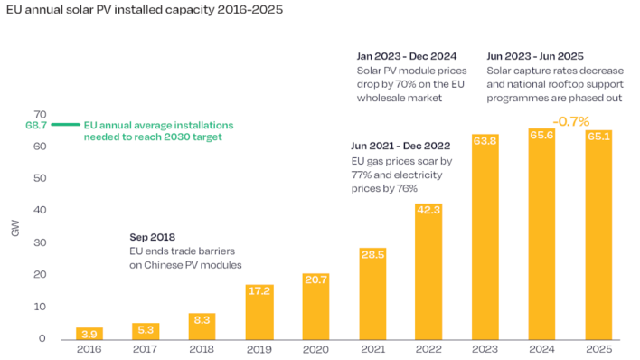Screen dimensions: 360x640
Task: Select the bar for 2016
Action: pyautogui.click(x=89, y=333)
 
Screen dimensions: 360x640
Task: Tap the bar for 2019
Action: pyautogui.click(x=259, y=312)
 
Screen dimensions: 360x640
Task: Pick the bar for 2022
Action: pyautogui.click(x=428, y=271)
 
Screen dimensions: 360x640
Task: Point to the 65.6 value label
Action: pyautogui.click(x=541, y=135)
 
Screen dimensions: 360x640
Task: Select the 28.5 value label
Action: pyautogui.click(x=372, y=254)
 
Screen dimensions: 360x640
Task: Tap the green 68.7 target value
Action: pyautogui.click(x=36, y=124)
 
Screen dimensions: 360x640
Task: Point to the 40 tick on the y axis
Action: pyautogui.click(x=41, y=210)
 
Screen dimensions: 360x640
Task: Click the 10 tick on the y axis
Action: pyautogui.click(x=41, y=307)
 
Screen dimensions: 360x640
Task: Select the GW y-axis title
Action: pyautogui.click(x=15, y=230)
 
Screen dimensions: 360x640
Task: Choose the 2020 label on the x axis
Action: pyautogui.click(x=315, y=350)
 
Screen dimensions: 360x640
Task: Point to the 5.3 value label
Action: pyautogui.click(x=146, y=329)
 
